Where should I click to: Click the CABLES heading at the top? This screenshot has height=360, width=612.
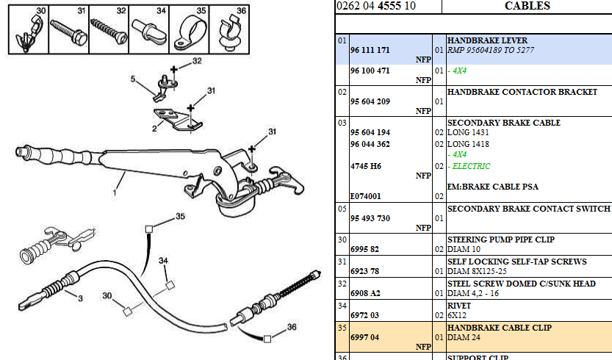click(527, 6)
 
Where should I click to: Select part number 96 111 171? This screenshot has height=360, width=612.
click(370, 50)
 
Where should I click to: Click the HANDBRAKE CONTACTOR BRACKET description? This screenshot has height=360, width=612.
click(522, 92)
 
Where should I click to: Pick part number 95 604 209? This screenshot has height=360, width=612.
click(370, 101)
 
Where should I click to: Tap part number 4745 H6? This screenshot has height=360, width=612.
click(366, 166)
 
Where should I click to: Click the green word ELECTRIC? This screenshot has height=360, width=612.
click(471, 166)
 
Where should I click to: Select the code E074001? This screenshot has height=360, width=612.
click(367, 196)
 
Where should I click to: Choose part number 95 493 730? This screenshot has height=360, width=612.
click(370, 218)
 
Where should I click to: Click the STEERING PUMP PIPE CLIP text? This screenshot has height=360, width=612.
click(501, 240)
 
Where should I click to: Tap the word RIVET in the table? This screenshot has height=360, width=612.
click(460, 305)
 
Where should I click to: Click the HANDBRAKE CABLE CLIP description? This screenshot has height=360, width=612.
click(499, 327)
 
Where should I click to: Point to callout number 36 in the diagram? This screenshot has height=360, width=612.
click(292, 328)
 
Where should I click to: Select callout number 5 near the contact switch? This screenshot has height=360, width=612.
click(133, 78)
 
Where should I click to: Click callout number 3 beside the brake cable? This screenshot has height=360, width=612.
click(80, 298)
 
